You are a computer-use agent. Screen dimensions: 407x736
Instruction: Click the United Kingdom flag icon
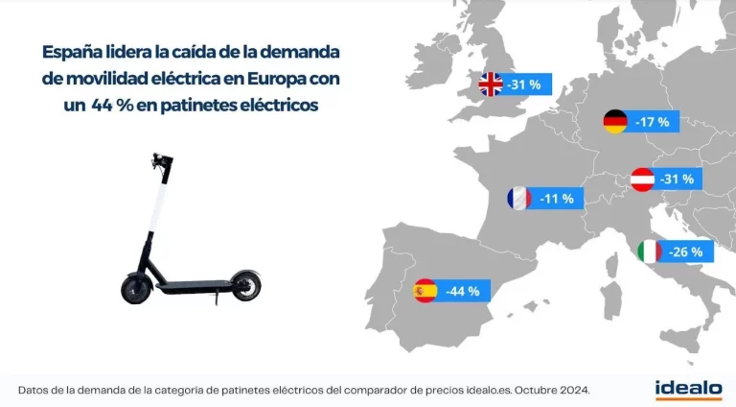point(491,84)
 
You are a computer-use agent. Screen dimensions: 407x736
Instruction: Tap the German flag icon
point(615,122)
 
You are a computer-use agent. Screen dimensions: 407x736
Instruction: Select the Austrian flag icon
point(642,180)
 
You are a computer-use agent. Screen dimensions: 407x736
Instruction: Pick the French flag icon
point(518,199)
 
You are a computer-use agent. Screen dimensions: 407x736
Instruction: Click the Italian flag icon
point(650,252)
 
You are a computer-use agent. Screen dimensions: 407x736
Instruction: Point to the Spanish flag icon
point(425,290)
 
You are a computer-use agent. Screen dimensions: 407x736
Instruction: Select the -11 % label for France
point(557,199)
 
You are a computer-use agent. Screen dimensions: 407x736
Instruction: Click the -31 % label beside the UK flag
point(523,84)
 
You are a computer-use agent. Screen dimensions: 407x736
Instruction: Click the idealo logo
point(688,389)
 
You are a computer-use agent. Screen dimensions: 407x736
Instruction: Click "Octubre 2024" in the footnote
point(548,390)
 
